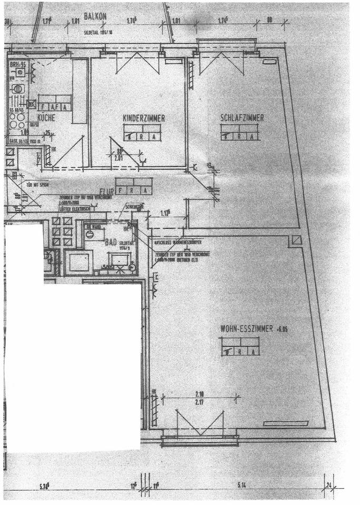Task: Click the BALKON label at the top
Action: coord(95,17)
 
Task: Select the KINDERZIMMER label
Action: coord(143,119)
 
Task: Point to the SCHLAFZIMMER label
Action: coord(242,118)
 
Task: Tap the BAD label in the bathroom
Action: coord(111,243)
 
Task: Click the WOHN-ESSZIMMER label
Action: coord(246,329)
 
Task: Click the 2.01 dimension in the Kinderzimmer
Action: coord(119,156)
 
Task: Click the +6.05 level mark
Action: coord(283,329)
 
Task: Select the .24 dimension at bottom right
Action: coord(329,484)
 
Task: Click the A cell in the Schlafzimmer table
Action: coord(254,135)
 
